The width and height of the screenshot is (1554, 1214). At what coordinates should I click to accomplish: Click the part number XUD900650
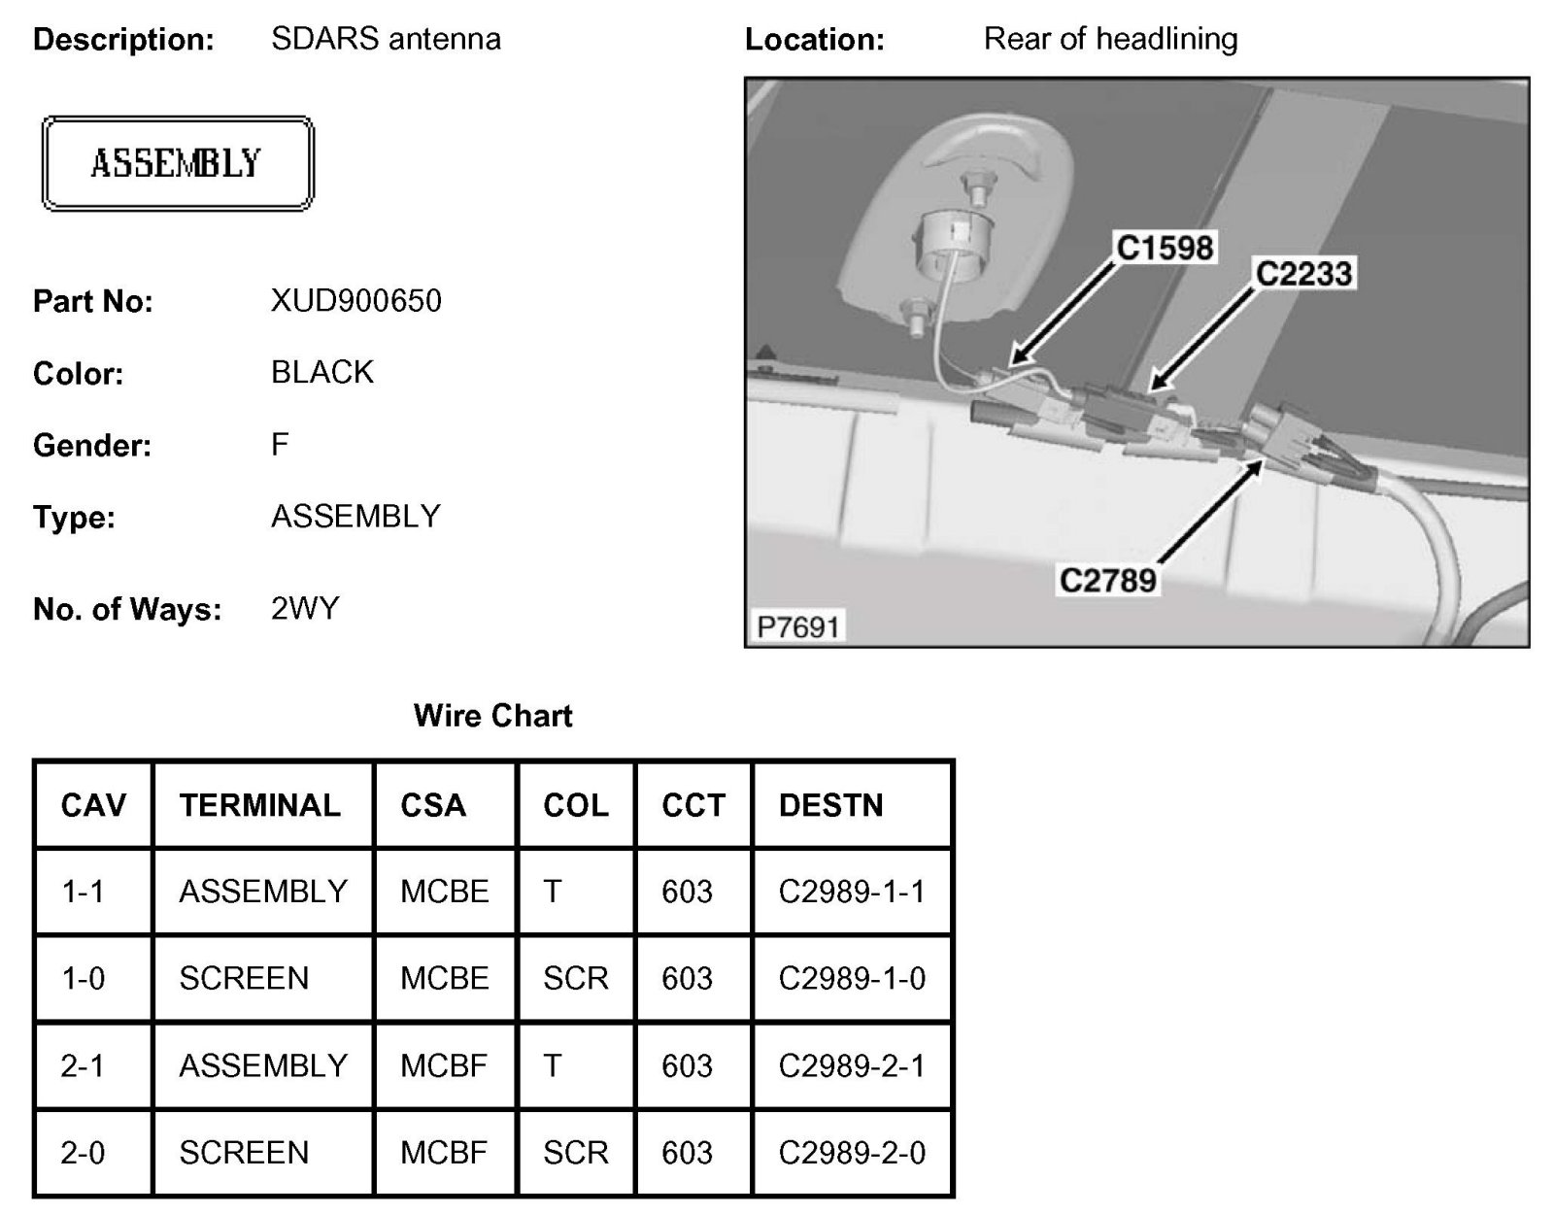pyautogui.click(x=355, y=301)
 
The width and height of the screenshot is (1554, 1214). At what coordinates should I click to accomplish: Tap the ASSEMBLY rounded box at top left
pyautogui.click(x=177, y=163)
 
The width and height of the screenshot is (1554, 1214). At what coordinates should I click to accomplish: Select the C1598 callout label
pyautogui.click(x=1165, y=249)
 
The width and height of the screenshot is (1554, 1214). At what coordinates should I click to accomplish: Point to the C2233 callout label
pyautogui.click(x=1303, y=274)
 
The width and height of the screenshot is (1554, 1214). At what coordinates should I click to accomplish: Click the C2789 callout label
pyautogui.click(x=1108, y=581)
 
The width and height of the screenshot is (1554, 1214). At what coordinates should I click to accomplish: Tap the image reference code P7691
pyautogui.click(x=797, y=626)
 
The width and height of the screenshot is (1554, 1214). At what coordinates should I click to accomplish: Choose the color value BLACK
pyautogui.click(x=322, y=373)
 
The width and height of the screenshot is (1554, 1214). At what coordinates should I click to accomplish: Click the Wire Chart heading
pyautogui.click(x=492, y=717)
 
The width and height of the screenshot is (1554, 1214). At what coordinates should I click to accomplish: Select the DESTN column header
pyautogui.click(x=830, y=805)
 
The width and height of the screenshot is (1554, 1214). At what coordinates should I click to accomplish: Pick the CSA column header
pyautogui.click(x=433, y=805)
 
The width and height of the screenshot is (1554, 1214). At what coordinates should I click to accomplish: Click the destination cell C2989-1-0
pyautogui.click(x=852, y=978)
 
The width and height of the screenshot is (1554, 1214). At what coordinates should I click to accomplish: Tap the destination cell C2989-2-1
pyautogui.click(x=852, y=1065)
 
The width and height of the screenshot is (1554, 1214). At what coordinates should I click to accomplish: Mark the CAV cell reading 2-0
pyautogui.click(x=83, y=1153)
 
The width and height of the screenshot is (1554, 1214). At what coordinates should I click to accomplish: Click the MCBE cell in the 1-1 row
pyautogui.click(x=444, y=892)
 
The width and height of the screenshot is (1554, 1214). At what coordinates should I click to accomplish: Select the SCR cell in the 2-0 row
pyautogui.click(x=575, y=1153)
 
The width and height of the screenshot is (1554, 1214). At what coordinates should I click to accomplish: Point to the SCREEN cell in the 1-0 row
pyautogui.click(x=244, y=978)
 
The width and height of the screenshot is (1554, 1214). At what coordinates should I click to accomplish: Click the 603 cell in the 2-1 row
pyautogui.click(x=687, y=1065)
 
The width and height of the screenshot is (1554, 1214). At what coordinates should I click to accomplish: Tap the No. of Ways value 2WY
pyautogui.click(x=305, y=609)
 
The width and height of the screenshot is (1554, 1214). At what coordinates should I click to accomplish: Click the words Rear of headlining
pyautogui.click(x=1110, y=39)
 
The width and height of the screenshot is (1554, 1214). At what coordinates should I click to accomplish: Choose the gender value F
pyautogui.click(x=280, y=445)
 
